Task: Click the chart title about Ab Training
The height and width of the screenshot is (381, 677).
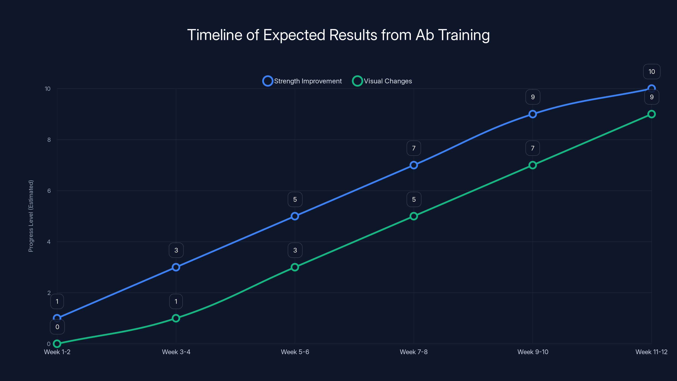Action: [x=338, y=35]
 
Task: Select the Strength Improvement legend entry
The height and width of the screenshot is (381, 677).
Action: [x=302, y=81]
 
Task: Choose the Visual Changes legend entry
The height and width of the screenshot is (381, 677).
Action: [x=382, y=81]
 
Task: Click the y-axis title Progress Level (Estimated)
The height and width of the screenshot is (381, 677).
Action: [x=31, y=216]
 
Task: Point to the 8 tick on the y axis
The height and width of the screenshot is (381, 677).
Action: [x=49, y=140]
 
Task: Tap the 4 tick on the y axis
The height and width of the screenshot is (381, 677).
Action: [x=49, y=242]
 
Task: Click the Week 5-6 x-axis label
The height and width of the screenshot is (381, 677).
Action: [x=295, y=352]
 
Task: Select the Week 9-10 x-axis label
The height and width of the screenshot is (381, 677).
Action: [x=533, y=352]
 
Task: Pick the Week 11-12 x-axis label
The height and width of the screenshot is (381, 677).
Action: [x=651, y=352]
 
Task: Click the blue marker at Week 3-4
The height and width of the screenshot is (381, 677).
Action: [x=176, y=267]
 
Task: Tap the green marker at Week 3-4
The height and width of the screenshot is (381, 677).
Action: [x=176, y=318]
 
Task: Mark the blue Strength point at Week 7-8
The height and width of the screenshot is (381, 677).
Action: [x=414, y=165]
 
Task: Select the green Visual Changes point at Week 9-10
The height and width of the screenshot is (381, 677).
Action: [x=533, y=165]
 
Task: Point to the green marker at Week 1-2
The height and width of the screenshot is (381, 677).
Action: [x=57, y=344]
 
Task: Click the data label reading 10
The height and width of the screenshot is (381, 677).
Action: [x=652, y=72]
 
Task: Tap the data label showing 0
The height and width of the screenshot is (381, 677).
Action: [x=57, y=327]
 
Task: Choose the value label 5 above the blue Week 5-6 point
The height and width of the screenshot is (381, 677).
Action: [x=295, y=200]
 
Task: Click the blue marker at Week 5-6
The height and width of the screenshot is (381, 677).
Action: [x=295, y=216]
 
